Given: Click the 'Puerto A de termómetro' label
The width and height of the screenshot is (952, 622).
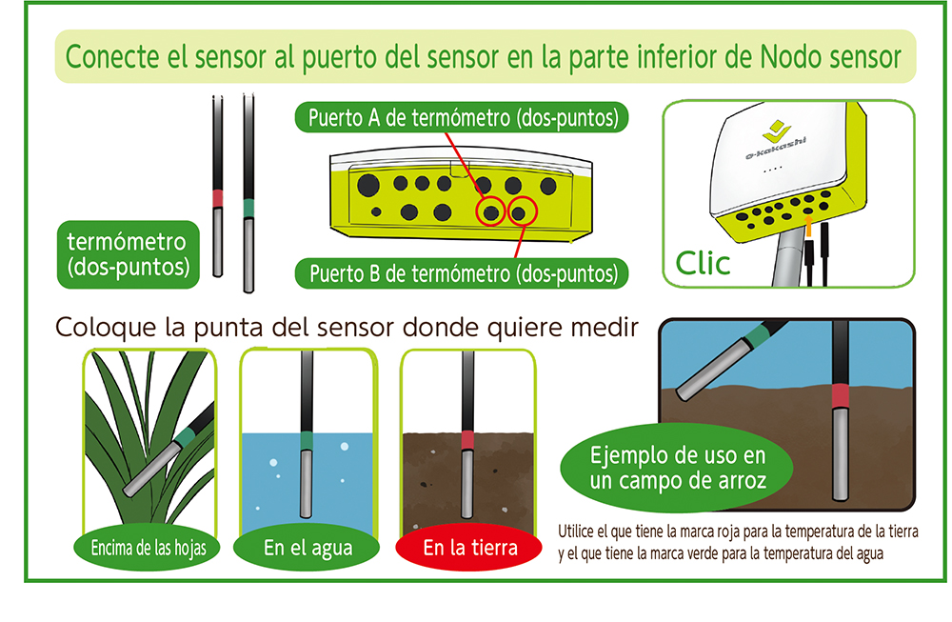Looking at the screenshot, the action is pos(462,117).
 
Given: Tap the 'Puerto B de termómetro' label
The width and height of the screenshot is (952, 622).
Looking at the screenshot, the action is pos(462,273).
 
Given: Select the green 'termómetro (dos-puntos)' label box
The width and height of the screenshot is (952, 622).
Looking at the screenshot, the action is pos(129,254).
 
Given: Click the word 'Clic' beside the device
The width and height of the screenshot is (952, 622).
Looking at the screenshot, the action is pos(703,264).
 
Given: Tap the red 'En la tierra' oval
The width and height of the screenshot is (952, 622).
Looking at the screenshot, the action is pos(468,548).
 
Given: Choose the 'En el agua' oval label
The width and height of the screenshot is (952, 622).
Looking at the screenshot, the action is pos(307,548).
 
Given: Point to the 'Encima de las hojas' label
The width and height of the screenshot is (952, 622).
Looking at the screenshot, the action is pos(147,548).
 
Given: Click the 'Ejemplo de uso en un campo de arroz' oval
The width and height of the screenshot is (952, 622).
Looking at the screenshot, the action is pos(677,469).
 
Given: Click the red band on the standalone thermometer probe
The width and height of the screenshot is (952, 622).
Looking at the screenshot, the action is pos(217,199).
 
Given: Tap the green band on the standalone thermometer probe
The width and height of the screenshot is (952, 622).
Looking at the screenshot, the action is pos(248,209).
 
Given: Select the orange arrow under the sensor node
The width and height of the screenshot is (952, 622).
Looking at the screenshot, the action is pos(808,227).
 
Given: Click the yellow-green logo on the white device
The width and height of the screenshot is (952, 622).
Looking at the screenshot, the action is pos(777,130).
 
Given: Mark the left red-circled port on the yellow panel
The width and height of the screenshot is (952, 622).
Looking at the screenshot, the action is pos(491,212).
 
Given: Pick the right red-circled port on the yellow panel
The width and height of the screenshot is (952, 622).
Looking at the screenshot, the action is pos(522,212).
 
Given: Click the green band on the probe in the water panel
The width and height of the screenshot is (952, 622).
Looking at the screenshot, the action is pos(307,440).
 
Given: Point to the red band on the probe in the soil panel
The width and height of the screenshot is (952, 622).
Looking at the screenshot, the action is pos(467,440).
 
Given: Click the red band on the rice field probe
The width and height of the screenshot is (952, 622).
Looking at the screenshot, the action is pos(841,396).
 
